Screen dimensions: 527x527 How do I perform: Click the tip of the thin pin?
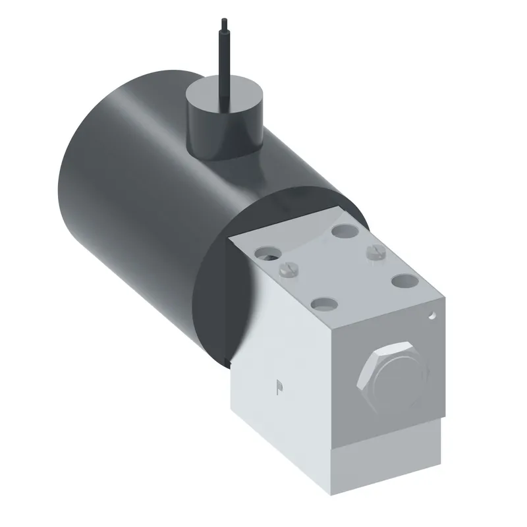[x=224, y=19]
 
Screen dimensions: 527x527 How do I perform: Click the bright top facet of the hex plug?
[x=390, y=348]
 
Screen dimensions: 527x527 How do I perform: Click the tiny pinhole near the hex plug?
[x=433, y=316]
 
